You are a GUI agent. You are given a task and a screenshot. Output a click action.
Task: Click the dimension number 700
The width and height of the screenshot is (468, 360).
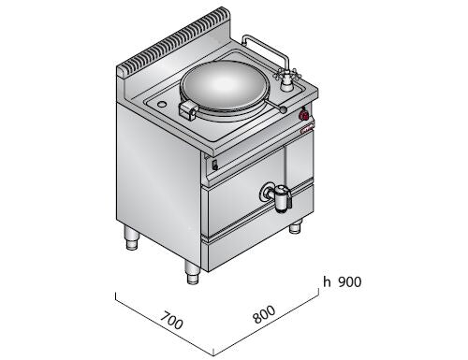[171, 320]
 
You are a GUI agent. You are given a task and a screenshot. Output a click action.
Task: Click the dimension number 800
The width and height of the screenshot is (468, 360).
[264, 314]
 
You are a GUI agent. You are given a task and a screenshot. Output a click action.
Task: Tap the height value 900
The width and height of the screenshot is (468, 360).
[350, 282]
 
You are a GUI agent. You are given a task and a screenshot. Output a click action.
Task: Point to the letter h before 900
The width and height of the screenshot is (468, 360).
[327, 281]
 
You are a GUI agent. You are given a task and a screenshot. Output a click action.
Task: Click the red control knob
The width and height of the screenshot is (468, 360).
[304, 116]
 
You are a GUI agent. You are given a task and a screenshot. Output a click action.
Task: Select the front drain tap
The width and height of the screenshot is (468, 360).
[276, 198]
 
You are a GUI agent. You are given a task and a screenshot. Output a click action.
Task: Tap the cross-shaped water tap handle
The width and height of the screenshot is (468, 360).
[285, 75]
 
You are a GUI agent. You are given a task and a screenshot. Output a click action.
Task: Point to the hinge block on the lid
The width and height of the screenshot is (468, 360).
[188, 110]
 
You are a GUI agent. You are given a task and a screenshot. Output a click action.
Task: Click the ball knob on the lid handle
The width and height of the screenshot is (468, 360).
[284, 109]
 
